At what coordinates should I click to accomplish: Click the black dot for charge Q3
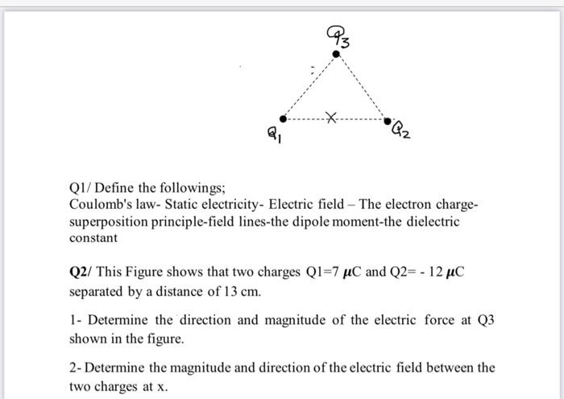(x=337, y=53)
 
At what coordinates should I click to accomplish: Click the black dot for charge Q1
(x=281, y=119)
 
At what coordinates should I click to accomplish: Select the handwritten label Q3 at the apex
(x=337, y=35)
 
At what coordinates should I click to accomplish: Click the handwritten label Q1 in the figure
(x=272, y=139)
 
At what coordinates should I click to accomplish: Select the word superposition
(x=106, y=222)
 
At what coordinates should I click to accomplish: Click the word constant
(x=93, y=239)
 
